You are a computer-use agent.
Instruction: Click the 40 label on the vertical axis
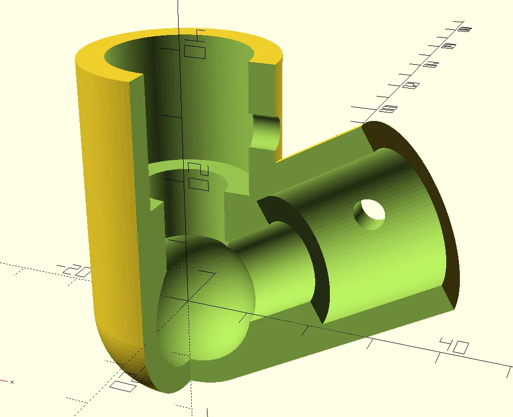point(195,45)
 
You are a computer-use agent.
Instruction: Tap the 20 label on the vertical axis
point(198,177)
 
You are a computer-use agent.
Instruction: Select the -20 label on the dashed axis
point(74,272)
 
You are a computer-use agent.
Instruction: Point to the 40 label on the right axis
point(453,347)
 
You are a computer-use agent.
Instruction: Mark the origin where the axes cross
point(188,301)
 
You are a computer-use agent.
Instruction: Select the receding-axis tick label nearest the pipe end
point(390,108)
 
